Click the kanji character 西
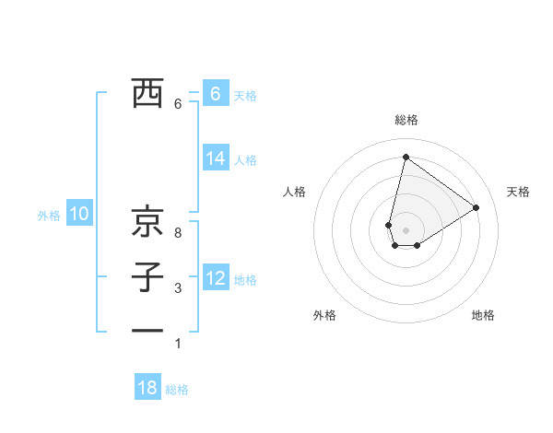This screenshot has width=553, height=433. (147, 93)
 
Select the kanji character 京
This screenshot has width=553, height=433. (147, 220)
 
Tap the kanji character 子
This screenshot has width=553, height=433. (147, 276)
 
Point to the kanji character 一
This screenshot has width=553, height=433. (147, 331)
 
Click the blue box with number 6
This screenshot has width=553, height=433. (215, 93)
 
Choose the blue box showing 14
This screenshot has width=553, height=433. (215, 158)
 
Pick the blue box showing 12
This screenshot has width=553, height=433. (215, 277)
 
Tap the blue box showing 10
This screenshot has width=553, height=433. (79, 215)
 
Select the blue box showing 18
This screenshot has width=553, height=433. (147, 388)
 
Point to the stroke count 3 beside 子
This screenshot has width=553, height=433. (178, 288)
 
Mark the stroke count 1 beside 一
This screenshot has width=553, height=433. (178, 344)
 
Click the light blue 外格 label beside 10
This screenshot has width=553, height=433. (49, 216)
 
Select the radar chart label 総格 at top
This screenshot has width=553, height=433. (406, 120)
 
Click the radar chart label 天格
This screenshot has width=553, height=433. (519, 192)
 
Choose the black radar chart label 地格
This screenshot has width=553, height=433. (483, 315)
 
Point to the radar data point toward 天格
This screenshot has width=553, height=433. (477, 207)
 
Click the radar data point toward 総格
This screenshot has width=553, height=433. (406, 157)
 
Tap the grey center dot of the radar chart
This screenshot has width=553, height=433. (406, 229)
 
